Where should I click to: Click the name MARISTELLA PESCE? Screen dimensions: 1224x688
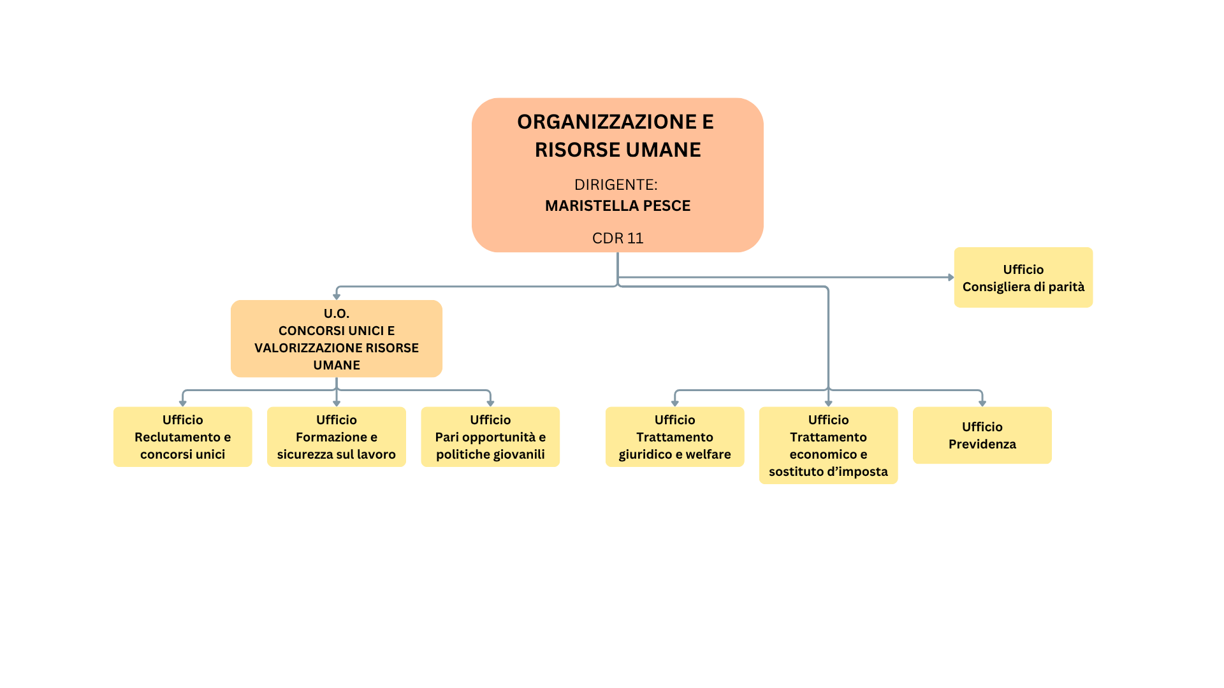tap(618, 206)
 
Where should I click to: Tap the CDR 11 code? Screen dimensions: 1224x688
tap(618, 238)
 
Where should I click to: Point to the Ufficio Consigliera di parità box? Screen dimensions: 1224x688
tap(1023, 278)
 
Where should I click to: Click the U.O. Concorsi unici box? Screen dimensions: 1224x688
tap(337, 339)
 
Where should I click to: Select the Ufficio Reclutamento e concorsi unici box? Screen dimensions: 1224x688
tap(183, 437)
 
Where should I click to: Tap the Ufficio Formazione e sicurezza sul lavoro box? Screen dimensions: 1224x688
tap(337, 437)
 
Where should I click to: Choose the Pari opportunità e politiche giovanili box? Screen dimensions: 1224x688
tap(490, 437)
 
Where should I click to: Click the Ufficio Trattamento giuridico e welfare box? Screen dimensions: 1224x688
tap(674, 437)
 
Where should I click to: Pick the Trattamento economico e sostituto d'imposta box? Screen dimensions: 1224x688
tap(828, 445)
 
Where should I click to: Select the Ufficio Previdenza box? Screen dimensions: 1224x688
tap(982, 435)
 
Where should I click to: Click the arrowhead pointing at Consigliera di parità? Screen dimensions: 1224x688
tap(951, 278)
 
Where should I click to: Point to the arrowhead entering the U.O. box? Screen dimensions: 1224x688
tap(337, 297)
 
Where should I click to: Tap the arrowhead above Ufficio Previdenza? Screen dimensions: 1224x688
tap(982, 403)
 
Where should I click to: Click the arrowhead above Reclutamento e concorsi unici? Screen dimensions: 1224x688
tap(183, 403)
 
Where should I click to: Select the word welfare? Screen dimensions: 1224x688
tap(708, 454)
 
